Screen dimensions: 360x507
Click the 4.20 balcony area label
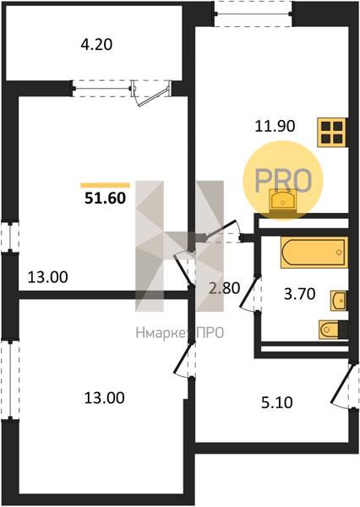click(96, 45)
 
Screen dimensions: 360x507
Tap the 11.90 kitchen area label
click(275, 126)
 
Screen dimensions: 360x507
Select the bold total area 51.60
click(105, 198)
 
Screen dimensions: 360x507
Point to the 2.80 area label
click(225, 288)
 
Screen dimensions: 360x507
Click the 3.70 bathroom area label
click(299, 294)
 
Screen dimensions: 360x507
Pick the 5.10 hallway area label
click(277, 402)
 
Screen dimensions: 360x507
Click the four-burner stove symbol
click(332, 133)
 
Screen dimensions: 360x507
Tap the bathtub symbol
click(314, 253)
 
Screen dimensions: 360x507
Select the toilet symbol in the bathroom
click(333, 330)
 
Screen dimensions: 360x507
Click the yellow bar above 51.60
click(105, 185)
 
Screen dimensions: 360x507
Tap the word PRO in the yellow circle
click(283, 180)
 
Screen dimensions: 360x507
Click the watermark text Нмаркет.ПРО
click(180, 332)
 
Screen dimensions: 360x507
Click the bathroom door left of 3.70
click(251, 293)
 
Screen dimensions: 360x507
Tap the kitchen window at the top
click(254, 14)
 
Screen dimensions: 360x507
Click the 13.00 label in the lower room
click(105, 397)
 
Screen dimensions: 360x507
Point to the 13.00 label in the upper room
click(48, 277)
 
